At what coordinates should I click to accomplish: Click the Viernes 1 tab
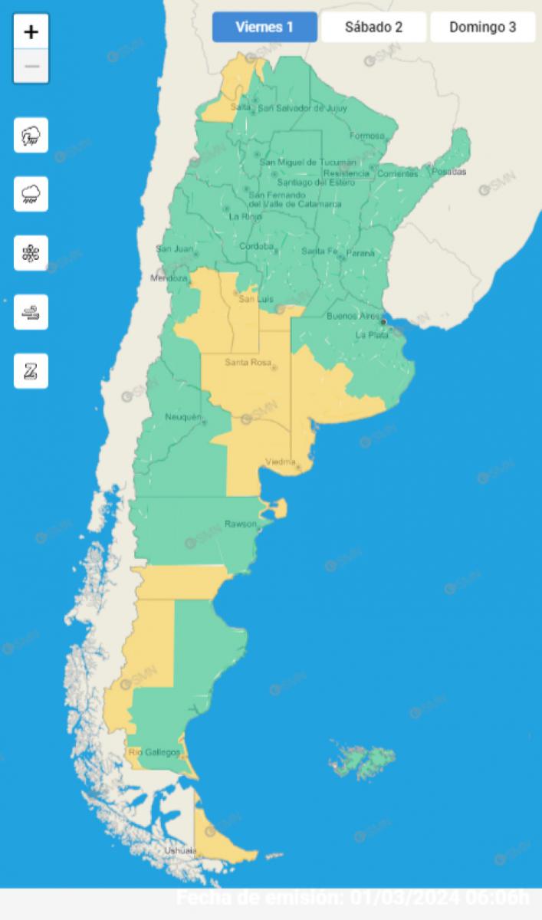pyautogui.click(x=264, y=28)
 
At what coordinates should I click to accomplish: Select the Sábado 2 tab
pyautogui.click(x=373, y=28)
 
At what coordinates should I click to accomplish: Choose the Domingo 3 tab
pyautogui.click(x=482, y=28)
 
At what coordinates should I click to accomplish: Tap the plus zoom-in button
pyautogui.click(x=31, y=32)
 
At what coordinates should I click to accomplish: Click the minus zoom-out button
pyautogui.click(x=31, y=66)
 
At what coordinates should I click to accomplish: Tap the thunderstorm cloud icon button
pyautogui.click(x=31, y=136)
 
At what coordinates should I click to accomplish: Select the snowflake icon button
pyautogui.click(x=31, y=253)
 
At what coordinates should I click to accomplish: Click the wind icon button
pyautogui.click(x=31, y=312)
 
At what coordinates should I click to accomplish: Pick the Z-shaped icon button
pyautogui.click(x=31, y=371)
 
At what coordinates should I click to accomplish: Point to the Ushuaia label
pyautogui.click(x=180, y=850)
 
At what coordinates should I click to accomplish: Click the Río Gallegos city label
pyautogui.click(x=154, y=752)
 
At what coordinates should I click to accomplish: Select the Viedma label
pyautogui.click(x=280, y=462)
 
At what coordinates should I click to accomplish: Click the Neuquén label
pyautogui.click(x=182, y=417)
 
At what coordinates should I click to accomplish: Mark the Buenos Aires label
pyautogui.click(x=353, y=316)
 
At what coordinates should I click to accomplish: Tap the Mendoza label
pyautogui.click(x=169, y=278)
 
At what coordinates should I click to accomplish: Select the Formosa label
pyautogui.click(x=366, y=136)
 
